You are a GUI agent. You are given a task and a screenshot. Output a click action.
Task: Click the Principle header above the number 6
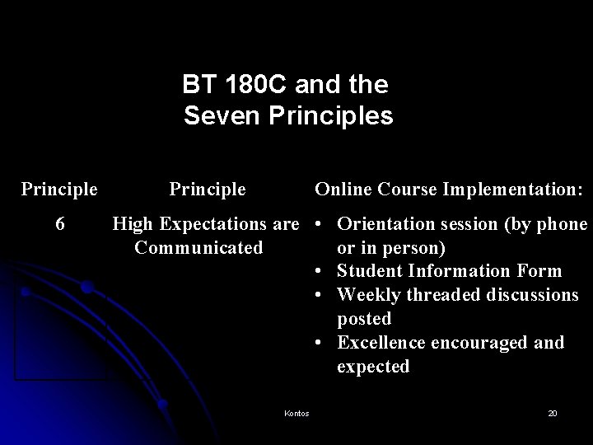pyautogui.click(x=59, y=190)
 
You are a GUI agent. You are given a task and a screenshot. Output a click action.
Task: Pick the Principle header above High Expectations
pyautogui.click(x=208, y=190)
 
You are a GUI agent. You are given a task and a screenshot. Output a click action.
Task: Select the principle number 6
pyautogui.click(x=59, y=224)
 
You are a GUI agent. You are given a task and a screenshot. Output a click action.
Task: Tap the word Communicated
pyautogui.click(x=198, y=247)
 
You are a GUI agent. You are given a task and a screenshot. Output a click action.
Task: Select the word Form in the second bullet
pyautogui.click(x=539, y=271)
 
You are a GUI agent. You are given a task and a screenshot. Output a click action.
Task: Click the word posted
pyautogui.click(x=363, y=318)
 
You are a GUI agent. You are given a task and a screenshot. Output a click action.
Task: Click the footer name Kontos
pyautogui.click(x=296, y=413)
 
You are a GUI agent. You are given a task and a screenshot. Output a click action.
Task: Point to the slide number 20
pyautogui.click(x=553, y=413)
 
